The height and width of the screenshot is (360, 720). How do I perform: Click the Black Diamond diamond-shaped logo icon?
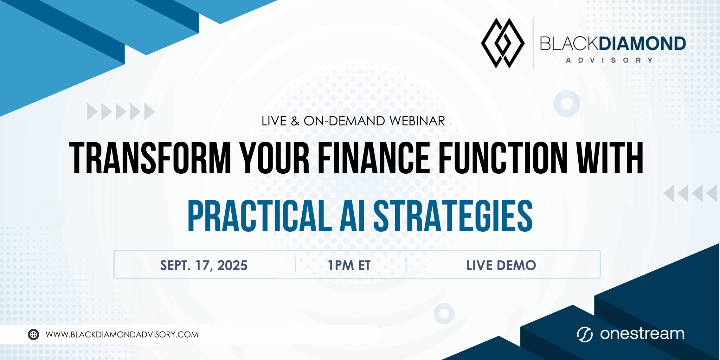(x=503, y=43)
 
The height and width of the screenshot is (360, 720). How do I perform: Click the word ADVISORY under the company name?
(x=609, y=60)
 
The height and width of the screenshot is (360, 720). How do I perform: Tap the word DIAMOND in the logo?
(x=642, y=44)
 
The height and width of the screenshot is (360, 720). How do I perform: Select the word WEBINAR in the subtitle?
(x=417, y=121)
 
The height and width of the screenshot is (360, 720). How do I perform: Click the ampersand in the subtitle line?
(x=295, y=121)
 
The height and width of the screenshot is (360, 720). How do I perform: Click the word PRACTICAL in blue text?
(x=259, y=216)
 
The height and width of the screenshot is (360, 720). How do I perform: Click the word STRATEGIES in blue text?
(x=453, y=216)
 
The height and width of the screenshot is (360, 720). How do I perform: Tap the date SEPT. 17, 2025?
(x=204, y=265)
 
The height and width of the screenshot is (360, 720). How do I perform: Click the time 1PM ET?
(x=349, y=265)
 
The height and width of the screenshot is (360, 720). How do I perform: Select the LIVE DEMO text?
(x=501, y=265)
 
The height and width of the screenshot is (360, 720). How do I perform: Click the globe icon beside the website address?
(x=33, y=334)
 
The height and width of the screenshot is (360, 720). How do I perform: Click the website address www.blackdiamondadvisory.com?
(x=122, y=334)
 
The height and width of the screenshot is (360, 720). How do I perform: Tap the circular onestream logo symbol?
(x=585, y=334)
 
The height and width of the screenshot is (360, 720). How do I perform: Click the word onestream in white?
(x=642, y=334)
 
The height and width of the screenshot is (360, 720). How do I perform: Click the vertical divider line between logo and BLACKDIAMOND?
(x=533, y=43)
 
